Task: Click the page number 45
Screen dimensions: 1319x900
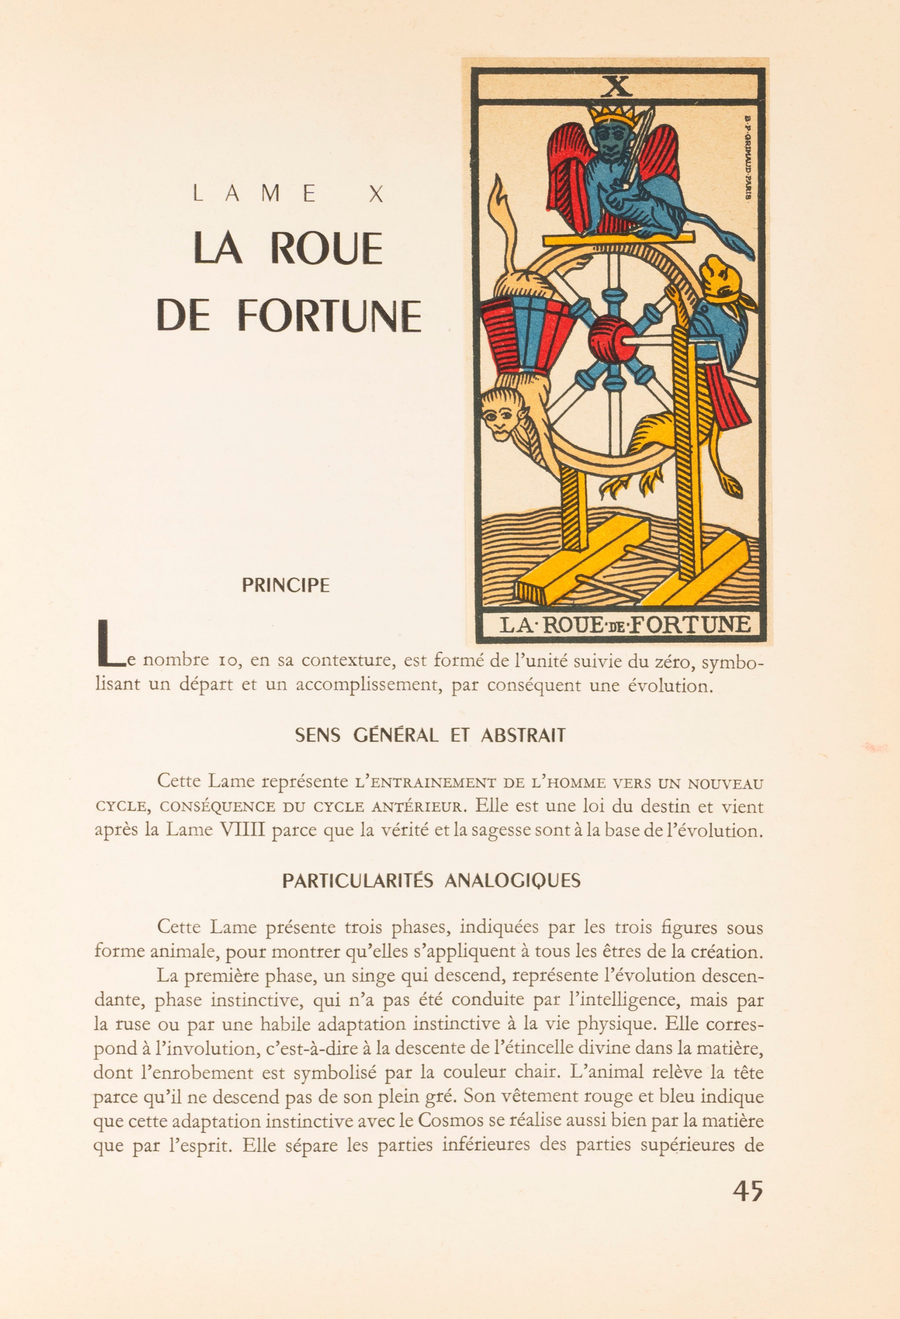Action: [747, 1190]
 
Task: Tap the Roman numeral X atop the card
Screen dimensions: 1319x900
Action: [617, 87]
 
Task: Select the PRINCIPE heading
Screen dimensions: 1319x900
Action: [285, 585]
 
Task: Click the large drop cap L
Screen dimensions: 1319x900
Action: [110, 644]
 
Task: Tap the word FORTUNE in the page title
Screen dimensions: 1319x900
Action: [329, 316]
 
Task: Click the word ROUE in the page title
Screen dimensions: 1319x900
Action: [326, 248]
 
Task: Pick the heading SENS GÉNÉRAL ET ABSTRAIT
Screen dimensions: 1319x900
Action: [430, 736]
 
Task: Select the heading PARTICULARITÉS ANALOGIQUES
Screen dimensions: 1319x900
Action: [432, 881]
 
